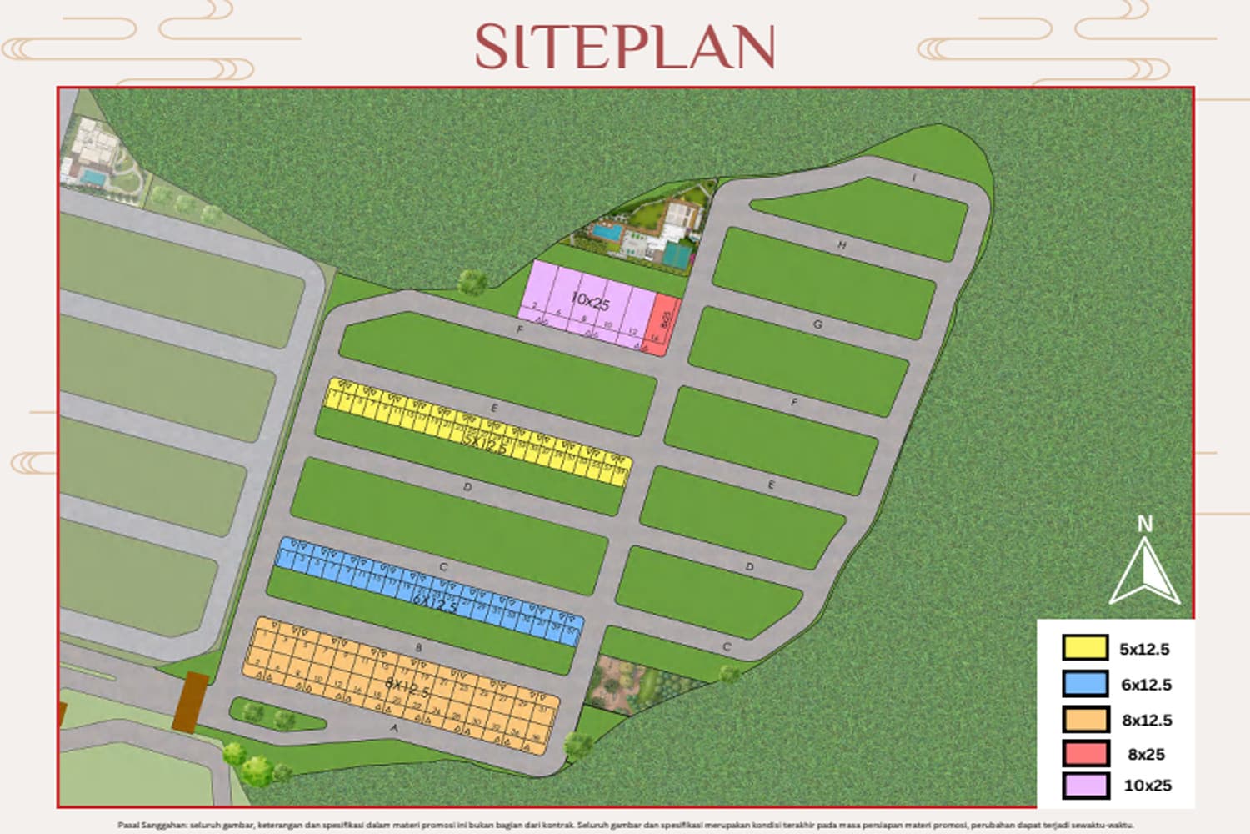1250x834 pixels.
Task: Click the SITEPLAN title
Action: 625,47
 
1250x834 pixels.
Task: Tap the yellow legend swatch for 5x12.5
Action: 1085,648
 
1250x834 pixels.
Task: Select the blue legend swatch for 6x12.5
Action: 1085,684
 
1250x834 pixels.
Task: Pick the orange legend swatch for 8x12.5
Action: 1085,719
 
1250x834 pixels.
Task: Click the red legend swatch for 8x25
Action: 1085,753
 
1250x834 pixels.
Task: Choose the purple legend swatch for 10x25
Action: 1085,785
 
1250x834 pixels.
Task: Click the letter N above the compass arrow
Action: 1145,525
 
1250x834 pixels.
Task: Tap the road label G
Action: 817,324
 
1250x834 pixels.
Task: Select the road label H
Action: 842,245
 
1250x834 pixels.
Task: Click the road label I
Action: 914,178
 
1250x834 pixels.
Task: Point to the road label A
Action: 395,727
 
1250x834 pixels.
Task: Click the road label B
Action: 418,647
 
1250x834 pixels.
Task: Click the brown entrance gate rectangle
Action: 191,702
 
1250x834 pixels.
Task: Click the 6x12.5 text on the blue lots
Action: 435,602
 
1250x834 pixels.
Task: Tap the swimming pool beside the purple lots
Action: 606,233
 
